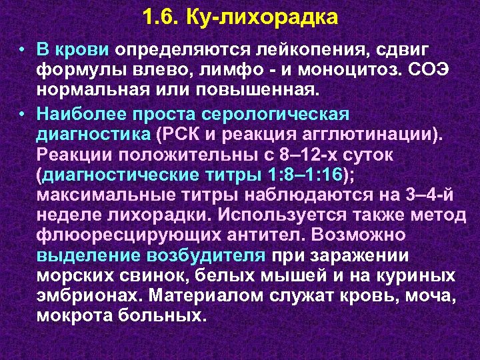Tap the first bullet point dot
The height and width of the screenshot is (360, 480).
pos(23,51)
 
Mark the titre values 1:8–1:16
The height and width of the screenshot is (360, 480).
pos(308,175)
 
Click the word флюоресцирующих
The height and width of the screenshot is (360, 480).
pos(118,237)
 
